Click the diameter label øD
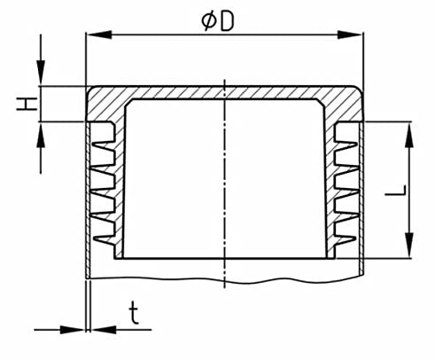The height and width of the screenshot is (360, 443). pyautogui.click(x=218, y=21)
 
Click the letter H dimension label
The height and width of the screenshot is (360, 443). pyautogui.click(x=27, y=104)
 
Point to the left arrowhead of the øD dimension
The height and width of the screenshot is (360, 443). pyautogui.click(x=100, y=35)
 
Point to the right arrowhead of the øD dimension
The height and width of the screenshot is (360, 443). pyautogui.click(x=350, y=35)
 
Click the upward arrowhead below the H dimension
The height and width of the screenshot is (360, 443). pyautogui.click(x=41, y=135)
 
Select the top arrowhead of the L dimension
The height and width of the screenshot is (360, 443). pyautogui.click(x=409, y=135)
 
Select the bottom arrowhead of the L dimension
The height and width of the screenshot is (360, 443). pyautogui.click(x=409, y=245)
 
